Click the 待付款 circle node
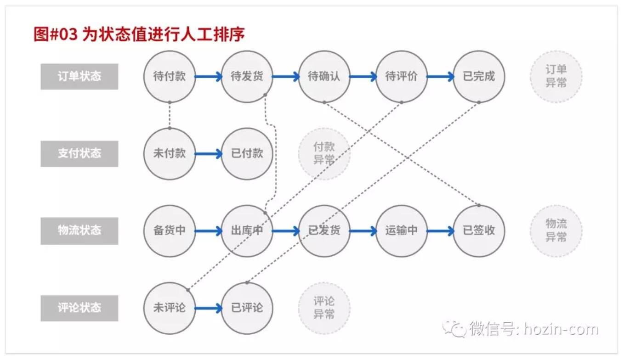[x=170, y=77]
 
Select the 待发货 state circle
[x=247, y=77]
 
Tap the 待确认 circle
[x=324, y=77]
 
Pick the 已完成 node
[x=479, y=77]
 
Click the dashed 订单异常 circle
[x=556, y=77]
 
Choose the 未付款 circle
[x=170, y=154]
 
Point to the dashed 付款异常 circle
[x=324, y=154]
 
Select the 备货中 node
[x=170, y=231]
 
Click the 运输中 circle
[x=402, y=231]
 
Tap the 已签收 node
[x=479, y=231]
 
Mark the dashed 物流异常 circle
[x=556, y=231]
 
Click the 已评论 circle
[x=247, y=308]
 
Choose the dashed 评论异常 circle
[x=324, y=308]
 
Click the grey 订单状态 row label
[x=79, y=77]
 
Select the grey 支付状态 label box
[x=79, y=154]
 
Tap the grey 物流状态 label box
[x=79, y=231]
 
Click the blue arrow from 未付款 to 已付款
[x=209, y=154]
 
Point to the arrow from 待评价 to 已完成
[x=441, y=77]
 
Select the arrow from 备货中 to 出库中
[x=209, y=231]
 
